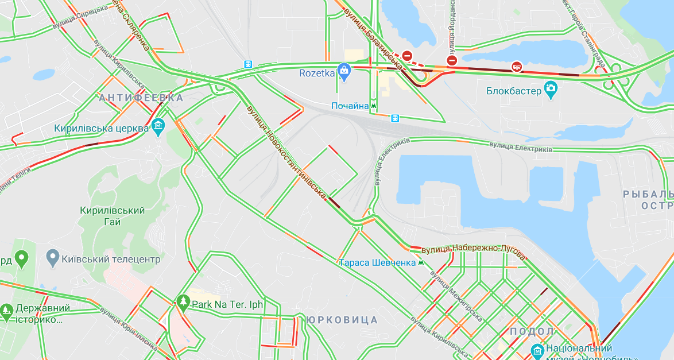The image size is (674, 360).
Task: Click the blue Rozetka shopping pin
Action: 344,70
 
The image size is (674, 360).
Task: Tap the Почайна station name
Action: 350,106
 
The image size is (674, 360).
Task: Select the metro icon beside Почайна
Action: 374,106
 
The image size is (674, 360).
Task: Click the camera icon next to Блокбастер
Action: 551,89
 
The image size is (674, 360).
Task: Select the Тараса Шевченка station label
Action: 377,263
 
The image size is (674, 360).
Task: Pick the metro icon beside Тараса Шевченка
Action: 422,262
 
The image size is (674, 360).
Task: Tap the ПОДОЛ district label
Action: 531,331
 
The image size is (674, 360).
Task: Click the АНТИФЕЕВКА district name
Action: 141,98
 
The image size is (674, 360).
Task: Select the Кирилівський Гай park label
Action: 113,216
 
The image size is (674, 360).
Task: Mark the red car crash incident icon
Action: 517,67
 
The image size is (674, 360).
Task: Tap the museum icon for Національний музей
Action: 537,350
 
